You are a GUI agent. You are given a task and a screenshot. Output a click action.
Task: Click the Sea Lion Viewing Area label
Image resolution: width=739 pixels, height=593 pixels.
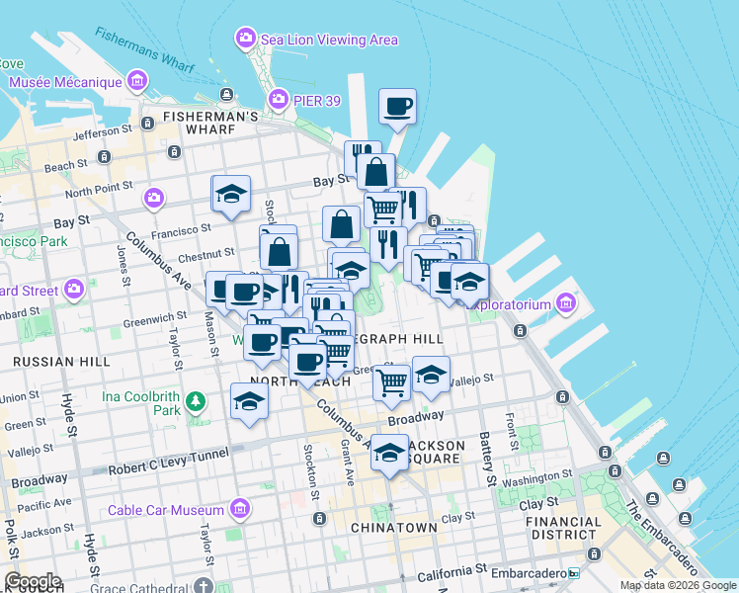(x=329, y=40)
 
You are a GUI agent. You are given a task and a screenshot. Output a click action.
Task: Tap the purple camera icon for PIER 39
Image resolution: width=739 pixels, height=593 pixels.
(x=279, y=98)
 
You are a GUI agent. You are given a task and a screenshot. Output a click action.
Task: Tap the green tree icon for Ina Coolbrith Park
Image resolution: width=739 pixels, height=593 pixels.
(x=197, y=401)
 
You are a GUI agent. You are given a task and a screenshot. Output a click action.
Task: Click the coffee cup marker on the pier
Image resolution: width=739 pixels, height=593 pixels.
(x=397, y=107)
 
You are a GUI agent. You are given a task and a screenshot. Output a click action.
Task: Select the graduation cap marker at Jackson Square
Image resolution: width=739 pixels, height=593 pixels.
(x=390, y=454)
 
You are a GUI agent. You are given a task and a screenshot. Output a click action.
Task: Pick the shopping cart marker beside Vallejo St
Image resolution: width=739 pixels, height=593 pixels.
(x=392, y=381)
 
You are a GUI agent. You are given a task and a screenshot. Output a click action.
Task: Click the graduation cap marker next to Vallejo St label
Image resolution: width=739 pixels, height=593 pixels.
(x=431, y=375)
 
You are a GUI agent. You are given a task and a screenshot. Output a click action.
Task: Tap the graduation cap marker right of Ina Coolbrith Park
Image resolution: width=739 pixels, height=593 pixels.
(x=249, y=401)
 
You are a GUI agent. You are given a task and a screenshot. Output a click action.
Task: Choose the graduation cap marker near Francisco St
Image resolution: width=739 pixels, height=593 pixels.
(x=231, y=194)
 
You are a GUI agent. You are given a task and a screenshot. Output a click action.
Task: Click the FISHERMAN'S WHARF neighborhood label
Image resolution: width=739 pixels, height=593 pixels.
(x=211, y=117)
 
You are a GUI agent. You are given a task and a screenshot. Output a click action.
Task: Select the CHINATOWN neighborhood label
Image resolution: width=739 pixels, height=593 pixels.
(x=394, y=528)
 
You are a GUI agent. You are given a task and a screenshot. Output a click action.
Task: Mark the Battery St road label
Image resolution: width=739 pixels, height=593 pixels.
(x=489, y=463)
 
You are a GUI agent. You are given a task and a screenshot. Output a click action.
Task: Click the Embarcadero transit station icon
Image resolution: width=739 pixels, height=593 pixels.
(x=574, y=573)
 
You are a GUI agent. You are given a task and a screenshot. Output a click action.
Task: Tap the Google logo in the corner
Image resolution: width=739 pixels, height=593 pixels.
(x=32, y=581)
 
